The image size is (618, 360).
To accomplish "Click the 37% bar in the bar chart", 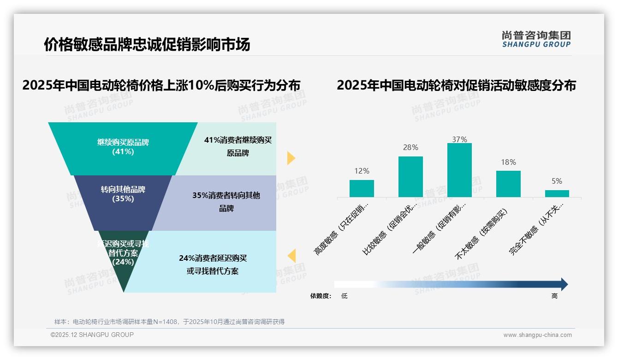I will (x=459, y=170).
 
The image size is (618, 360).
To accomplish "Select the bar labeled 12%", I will (x=362, y=188).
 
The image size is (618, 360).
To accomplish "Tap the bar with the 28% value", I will (x=410, y=177).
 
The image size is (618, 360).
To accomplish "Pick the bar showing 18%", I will (x=508, y=184).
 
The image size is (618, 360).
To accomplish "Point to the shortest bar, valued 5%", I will (x=557, y=193).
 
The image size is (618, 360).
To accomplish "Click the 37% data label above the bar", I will (x=459, y=139).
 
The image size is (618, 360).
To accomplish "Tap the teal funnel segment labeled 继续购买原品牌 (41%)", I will (x=123, y=147).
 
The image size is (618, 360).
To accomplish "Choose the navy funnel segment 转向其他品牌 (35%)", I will (x=123, y=194).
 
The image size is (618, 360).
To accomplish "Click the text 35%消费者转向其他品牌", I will (x=226, y=202).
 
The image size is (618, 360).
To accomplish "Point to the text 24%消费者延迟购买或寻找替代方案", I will (x=213, y=264).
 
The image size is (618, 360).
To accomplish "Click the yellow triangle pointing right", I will (x=291, y=158).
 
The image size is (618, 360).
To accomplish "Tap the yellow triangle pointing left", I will (x=291, y=256).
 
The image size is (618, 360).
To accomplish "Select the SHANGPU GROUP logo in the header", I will (x=536, y=39).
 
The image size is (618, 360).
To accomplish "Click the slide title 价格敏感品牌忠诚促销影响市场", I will (x=147, y=44).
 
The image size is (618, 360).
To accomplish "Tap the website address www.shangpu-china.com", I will (x=537, y=335).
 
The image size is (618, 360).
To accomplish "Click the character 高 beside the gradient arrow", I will (x=554, y=296).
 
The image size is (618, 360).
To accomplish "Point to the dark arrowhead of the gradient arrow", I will (x=564, y=284).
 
